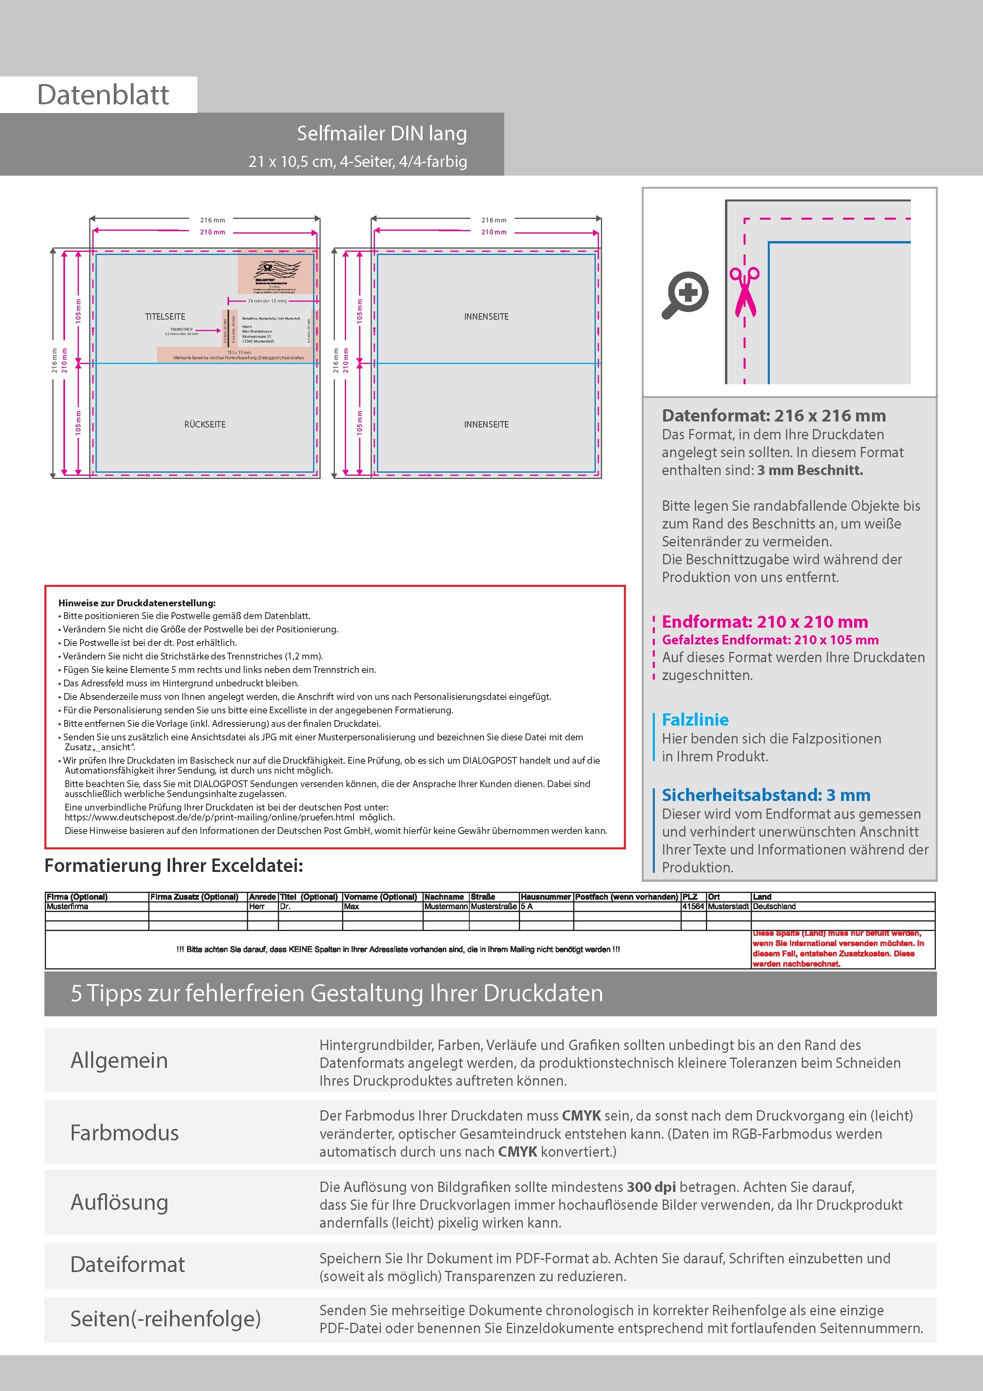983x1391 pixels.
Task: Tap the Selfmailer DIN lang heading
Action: pos(382,133)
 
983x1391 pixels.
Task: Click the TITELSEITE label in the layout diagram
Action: pos(165,316)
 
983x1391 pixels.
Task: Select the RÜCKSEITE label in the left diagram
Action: pos(205,424)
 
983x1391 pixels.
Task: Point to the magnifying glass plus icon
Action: pos(685,295)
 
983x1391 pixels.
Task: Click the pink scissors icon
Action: pos(744,291)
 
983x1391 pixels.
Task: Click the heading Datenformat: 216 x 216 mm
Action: pos(773,416)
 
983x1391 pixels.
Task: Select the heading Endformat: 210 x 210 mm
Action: pos(764,622)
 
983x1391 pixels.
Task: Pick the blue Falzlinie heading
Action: pos(695,720)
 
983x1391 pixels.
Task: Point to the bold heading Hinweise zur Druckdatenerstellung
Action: pos(137,603)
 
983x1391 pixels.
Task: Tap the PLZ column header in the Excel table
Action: pos(690,897)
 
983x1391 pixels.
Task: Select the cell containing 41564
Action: pos(693,906)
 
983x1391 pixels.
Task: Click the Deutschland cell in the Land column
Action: pos(774,906)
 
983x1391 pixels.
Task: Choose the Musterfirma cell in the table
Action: pos(67,906)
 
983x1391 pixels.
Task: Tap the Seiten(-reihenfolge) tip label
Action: pos(165,1318)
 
